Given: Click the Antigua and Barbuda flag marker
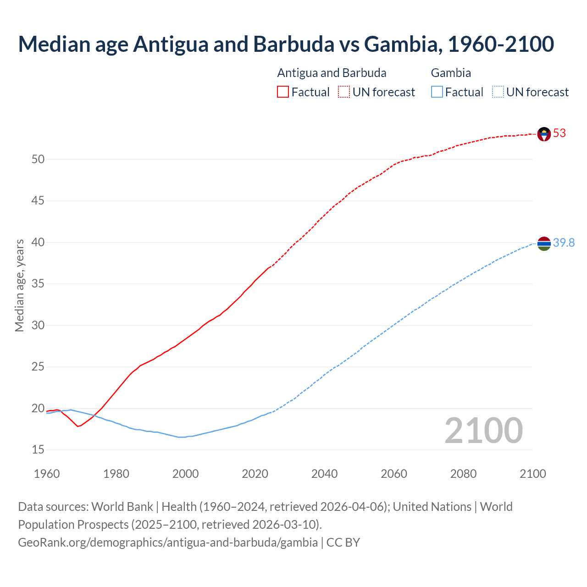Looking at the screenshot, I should pyautogui.click(x=544, y=134).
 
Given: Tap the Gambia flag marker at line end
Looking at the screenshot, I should pyautogui.click(x=544, y=244).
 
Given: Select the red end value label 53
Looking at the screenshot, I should pyautogui.click(x=559, y=133).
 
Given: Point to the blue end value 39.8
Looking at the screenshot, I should pyautogui.click(x=564, y=243).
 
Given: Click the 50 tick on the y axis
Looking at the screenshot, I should pyautogui.click(x=38, y=159).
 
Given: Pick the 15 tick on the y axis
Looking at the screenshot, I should pyautogui.click(x=38, y=450).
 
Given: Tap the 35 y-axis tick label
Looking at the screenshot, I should pyautogui.click(x=38, y=284).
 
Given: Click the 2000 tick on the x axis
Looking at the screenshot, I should pyautogui.click(x=185, y=474).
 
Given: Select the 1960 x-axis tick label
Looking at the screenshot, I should pyautogui.click(x=47, y=474).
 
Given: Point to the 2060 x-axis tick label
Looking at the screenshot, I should pyautogui.click(x=394, y=474).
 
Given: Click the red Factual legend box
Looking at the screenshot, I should pyautogui.click(x=283, y=92).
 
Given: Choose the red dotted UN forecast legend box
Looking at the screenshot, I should pyautogui.click(x=344, y=92).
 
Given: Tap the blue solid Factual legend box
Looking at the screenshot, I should pyautogui.click(x=437, y=92).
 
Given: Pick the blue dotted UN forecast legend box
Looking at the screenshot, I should pyautogui.click(x=498, y=92).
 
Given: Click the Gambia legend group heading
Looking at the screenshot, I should pyautogui.click(x=451, y=73).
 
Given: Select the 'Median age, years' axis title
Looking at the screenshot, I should pyautogui.click(x=19, y=285).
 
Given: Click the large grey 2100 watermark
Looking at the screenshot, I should pyautogui.click(x=484, y=431).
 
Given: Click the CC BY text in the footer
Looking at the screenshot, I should pyautogui.click(x=343, y=543).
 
